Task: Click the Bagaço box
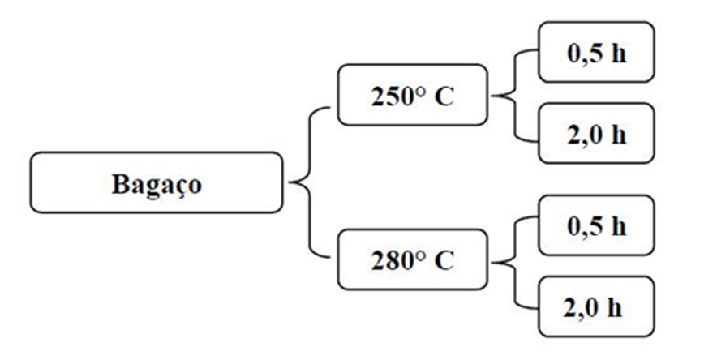pos(157,183)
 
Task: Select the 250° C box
pos(413,96)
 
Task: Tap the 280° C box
pos(413,261)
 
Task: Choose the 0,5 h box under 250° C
pos(596,52)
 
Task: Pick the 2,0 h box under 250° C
pos(596,133)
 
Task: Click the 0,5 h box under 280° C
pos(596,225)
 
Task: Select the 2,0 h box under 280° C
pos(596,306)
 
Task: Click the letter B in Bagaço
pos(119,183)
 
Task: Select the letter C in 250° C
pos(444,96)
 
